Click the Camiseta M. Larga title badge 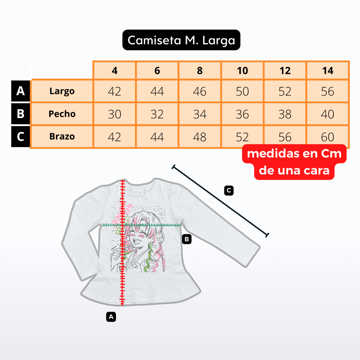click(181, 40)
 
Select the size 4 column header click(115, 71)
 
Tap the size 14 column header click(327, 71)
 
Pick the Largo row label click(62, 91)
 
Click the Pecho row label click(62, 114)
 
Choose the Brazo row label click(62, 136)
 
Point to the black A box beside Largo click(20, 91)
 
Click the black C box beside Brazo click(20, 136)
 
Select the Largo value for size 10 click(242, 91)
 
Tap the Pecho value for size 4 click(115, 114)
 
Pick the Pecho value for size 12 click(285, 114)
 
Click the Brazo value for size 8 click(199, 137)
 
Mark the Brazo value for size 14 click(327, 137)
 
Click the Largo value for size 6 click(157, 91)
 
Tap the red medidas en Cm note click(294, 162)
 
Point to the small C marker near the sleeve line click(229, 191)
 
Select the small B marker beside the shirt click(187, 239)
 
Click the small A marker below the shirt click(111, 317)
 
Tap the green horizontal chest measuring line click(142, 225)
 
